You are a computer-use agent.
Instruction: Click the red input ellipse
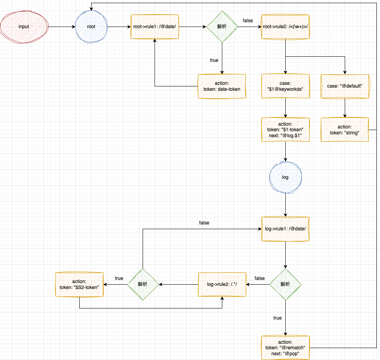coord(24,27)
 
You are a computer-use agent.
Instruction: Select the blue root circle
coord(91,27)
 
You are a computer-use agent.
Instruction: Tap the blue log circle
coord(285,177)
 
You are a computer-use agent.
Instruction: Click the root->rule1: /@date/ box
coord(155,27)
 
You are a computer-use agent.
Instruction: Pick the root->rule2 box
coord(285,27)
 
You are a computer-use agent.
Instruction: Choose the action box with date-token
coord(222,86)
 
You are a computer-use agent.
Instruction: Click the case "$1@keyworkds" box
coord(285,86)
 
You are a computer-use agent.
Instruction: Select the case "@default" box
coord(345,86)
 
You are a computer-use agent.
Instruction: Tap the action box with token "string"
coord(345,130)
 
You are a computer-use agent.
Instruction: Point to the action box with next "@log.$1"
coord(285,130)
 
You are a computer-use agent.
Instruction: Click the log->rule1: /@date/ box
coord(285,229)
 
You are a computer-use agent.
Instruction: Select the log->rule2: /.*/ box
coord(222,284)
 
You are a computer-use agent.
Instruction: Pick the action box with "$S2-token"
coord(79,284)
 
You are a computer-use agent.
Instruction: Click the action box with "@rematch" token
coord(285,348)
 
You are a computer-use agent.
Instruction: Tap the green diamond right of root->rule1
coord(222,27)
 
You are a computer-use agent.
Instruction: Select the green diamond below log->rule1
coord(285,284)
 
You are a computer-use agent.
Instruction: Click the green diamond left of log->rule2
coord(143,284)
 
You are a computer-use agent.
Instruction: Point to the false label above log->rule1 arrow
coord(204,223)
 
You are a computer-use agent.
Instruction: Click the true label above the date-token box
coord(214,60)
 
